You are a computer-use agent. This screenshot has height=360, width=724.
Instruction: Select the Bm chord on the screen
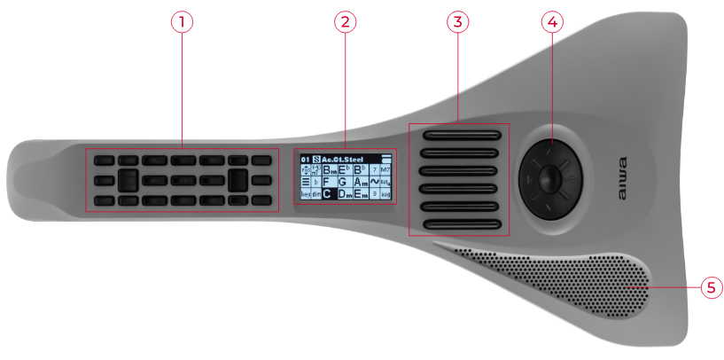[x=329, y=168]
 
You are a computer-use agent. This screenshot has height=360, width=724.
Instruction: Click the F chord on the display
[x=327, y=181]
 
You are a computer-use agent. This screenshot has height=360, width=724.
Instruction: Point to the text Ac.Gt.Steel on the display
[x=344, y=158]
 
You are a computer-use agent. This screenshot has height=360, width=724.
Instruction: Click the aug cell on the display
[x=385, y=193]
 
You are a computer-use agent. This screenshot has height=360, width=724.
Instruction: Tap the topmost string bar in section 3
[x=462, y=136]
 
